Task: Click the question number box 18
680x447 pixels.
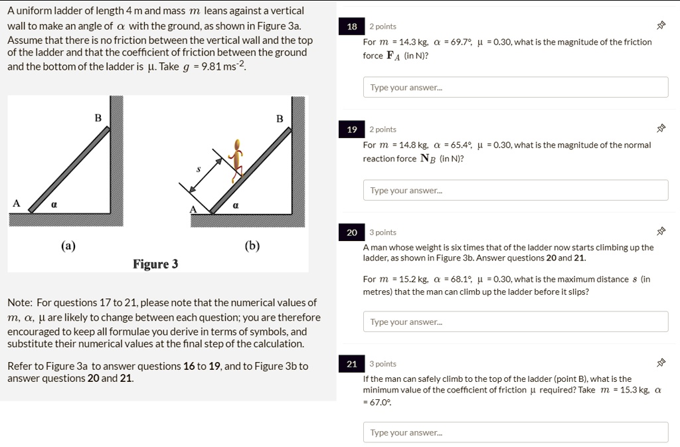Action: [352, 27]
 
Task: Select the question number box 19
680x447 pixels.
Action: [352, 130]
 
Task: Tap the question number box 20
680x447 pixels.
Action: [352, 232]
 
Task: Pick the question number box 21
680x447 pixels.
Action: [352, 364]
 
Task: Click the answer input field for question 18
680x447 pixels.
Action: [515, 87]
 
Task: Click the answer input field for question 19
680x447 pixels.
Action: [515, 190]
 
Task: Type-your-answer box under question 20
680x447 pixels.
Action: [515, 321]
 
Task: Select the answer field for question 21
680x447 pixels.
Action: [515, 432]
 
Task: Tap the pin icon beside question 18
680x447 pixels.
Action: [660, 27]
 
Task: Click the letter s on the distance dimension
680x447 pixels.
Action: [198, 170]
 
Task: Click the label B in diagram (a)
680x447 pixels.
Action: [98, 118]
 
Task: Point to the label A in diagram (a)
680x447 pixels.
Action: [16, 203]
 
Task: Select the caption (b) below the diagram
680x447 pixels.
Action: [252, 246]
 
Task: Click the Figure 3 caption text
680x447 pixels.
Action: [155, 264]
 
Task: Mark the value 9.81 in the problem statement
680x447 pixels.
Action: [212, 66]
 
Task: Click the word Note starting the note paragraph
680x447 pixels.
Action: [20, 302]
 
